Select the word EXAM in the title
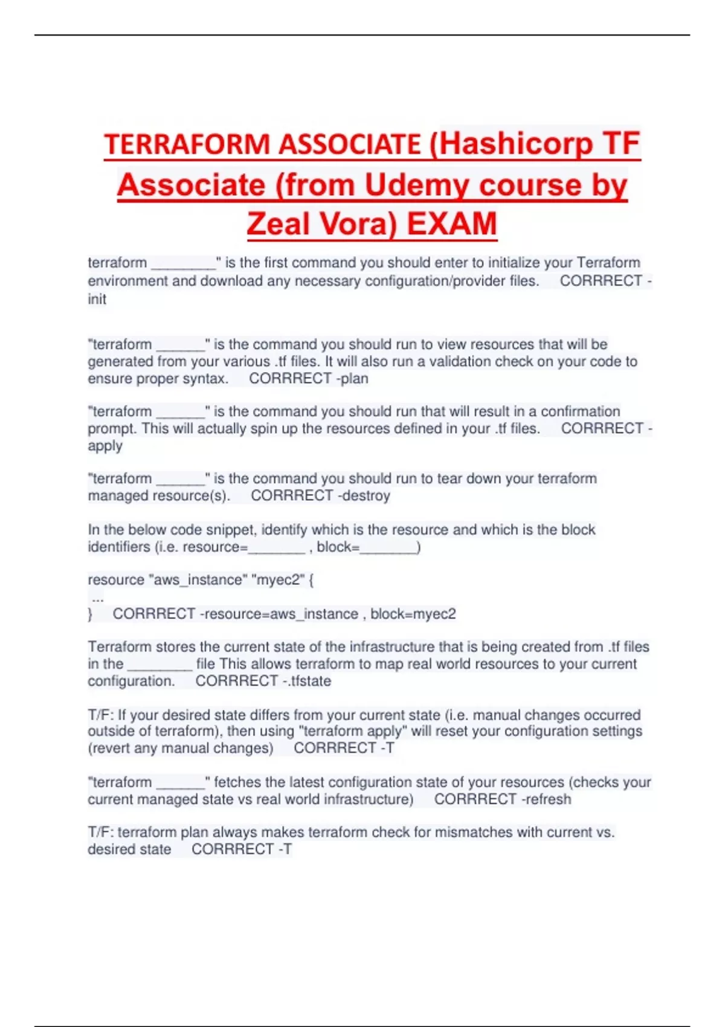(452, 224)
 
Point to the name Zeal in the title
(279, 224)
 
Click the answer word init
(97, 299)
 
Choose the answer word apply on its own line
(105, 446)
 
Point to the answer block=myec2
(413, 614)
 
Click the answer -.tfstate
(307, 681)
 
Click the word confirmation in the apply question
(580, 411)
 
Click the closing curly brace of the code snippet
(90, 614)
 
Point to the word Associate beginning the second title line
(192, 185)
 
